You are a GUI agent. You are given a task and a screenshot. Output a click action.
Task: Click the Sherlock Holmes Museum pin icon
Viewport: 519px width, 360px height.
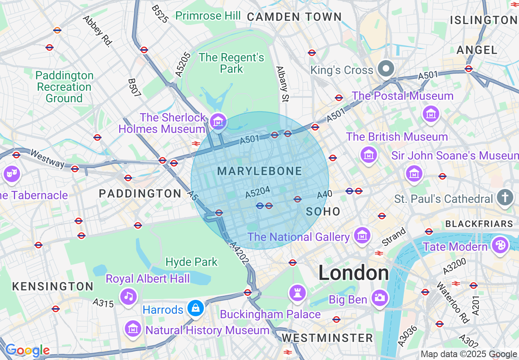218,121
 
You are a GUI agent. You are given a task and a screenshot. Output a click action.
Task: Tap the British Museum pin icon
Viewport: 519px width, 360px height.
369,155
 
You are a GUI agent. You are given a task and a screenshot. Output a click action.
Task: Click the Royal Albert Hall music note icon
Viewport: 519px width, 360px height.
129,296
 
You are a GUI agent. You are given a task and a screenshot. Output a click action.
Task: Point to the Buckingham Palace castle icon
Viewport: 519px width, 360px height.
298,293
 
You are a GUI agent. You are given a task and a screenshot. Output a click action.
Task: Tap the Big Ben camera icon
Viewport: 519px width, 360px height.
380,298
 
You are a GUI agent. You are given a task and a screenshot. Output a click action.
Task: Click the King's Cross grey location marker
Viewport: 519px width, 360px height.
386,69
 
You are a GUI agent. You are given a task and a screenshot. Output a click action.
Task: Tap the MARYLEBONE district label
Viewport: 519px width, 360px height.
259,171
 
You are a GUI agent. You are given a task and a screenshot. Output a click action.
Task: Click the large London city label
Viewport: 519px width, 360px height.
354,273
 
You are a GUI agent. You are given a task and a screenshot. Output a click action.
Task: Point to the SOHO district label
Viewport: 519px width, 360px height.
323,211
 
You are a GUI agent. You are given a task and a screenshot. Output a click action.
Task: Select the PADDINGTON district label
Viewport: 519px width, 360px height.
140,194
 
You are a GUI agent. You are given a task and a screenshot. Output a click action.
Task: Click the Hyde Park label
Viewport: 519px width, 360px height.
192,262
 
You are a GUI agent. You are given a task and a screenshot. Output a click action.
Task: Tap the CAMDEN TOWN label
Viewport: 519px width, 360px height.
294,17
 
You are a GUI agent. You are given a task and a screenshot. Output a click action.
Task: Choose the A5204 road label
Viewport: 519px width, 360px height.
258,192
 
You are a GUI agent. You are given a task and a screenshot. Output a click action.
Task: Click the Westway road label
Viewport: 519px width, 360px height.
47,159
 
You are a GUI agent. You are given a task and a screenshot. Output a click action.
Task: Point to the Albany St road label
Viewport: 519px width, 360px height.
282,84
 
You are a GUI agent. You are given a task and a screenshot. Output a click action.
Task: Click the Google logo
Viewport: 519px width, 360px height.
27,351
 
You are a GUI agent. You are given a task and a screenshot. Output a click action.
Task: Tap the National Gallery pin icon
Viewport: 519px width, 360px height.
362,235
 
